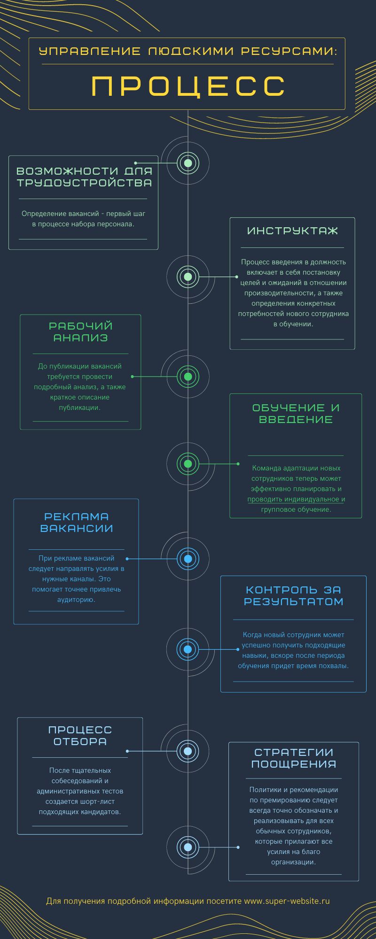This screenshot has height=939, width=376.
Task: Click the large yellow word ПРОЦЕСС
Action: (188, 86)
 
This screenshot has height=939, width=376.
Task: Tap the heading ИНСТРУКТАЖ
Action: (292, 231)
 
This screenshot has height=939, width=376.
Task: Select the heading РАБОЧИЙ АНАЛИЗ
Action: (81, 331)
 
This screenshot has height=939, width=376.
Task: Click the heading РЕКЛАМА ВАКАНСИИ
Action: (77, 522)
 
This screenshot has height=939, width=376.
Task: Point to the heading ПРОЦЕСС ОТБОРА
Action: (80, 735)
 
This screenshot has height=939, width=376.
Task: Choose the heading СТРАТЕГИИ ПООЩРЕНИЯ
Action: (294, 758)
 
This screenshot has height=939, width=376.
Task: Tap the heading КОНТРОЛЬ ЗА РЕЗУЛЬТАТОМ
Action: (293, 595)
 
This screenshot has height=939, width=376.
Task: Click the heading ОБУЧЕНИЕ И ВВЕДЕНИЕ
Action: (296, 413)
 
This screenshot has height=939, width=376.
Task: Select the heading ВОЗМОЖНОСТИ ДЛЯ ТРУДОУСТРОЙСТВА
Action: (85, 177)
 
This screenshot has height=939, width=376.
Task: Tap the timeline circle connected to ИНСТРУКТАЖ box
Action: (188, 277)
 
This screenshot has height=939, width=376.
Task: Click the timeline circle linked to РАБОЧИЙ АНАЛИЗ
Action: (188, 376)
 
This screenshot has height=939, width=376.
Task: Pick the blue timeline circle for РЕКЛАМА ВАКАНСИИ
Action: (188, 559)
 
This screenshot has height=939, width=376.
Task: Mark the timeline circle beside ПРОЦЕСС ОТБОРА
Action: (188, 751)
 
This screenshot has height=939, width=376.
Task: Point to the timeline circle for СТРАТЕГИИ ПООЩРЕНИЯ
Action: (188, 847)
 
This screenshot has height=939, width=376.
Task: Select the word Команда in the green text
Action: (266, 468)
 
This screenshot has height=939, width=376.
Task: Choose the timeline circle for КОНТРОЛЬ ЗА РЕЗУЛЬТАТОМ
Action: (188, 649)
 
